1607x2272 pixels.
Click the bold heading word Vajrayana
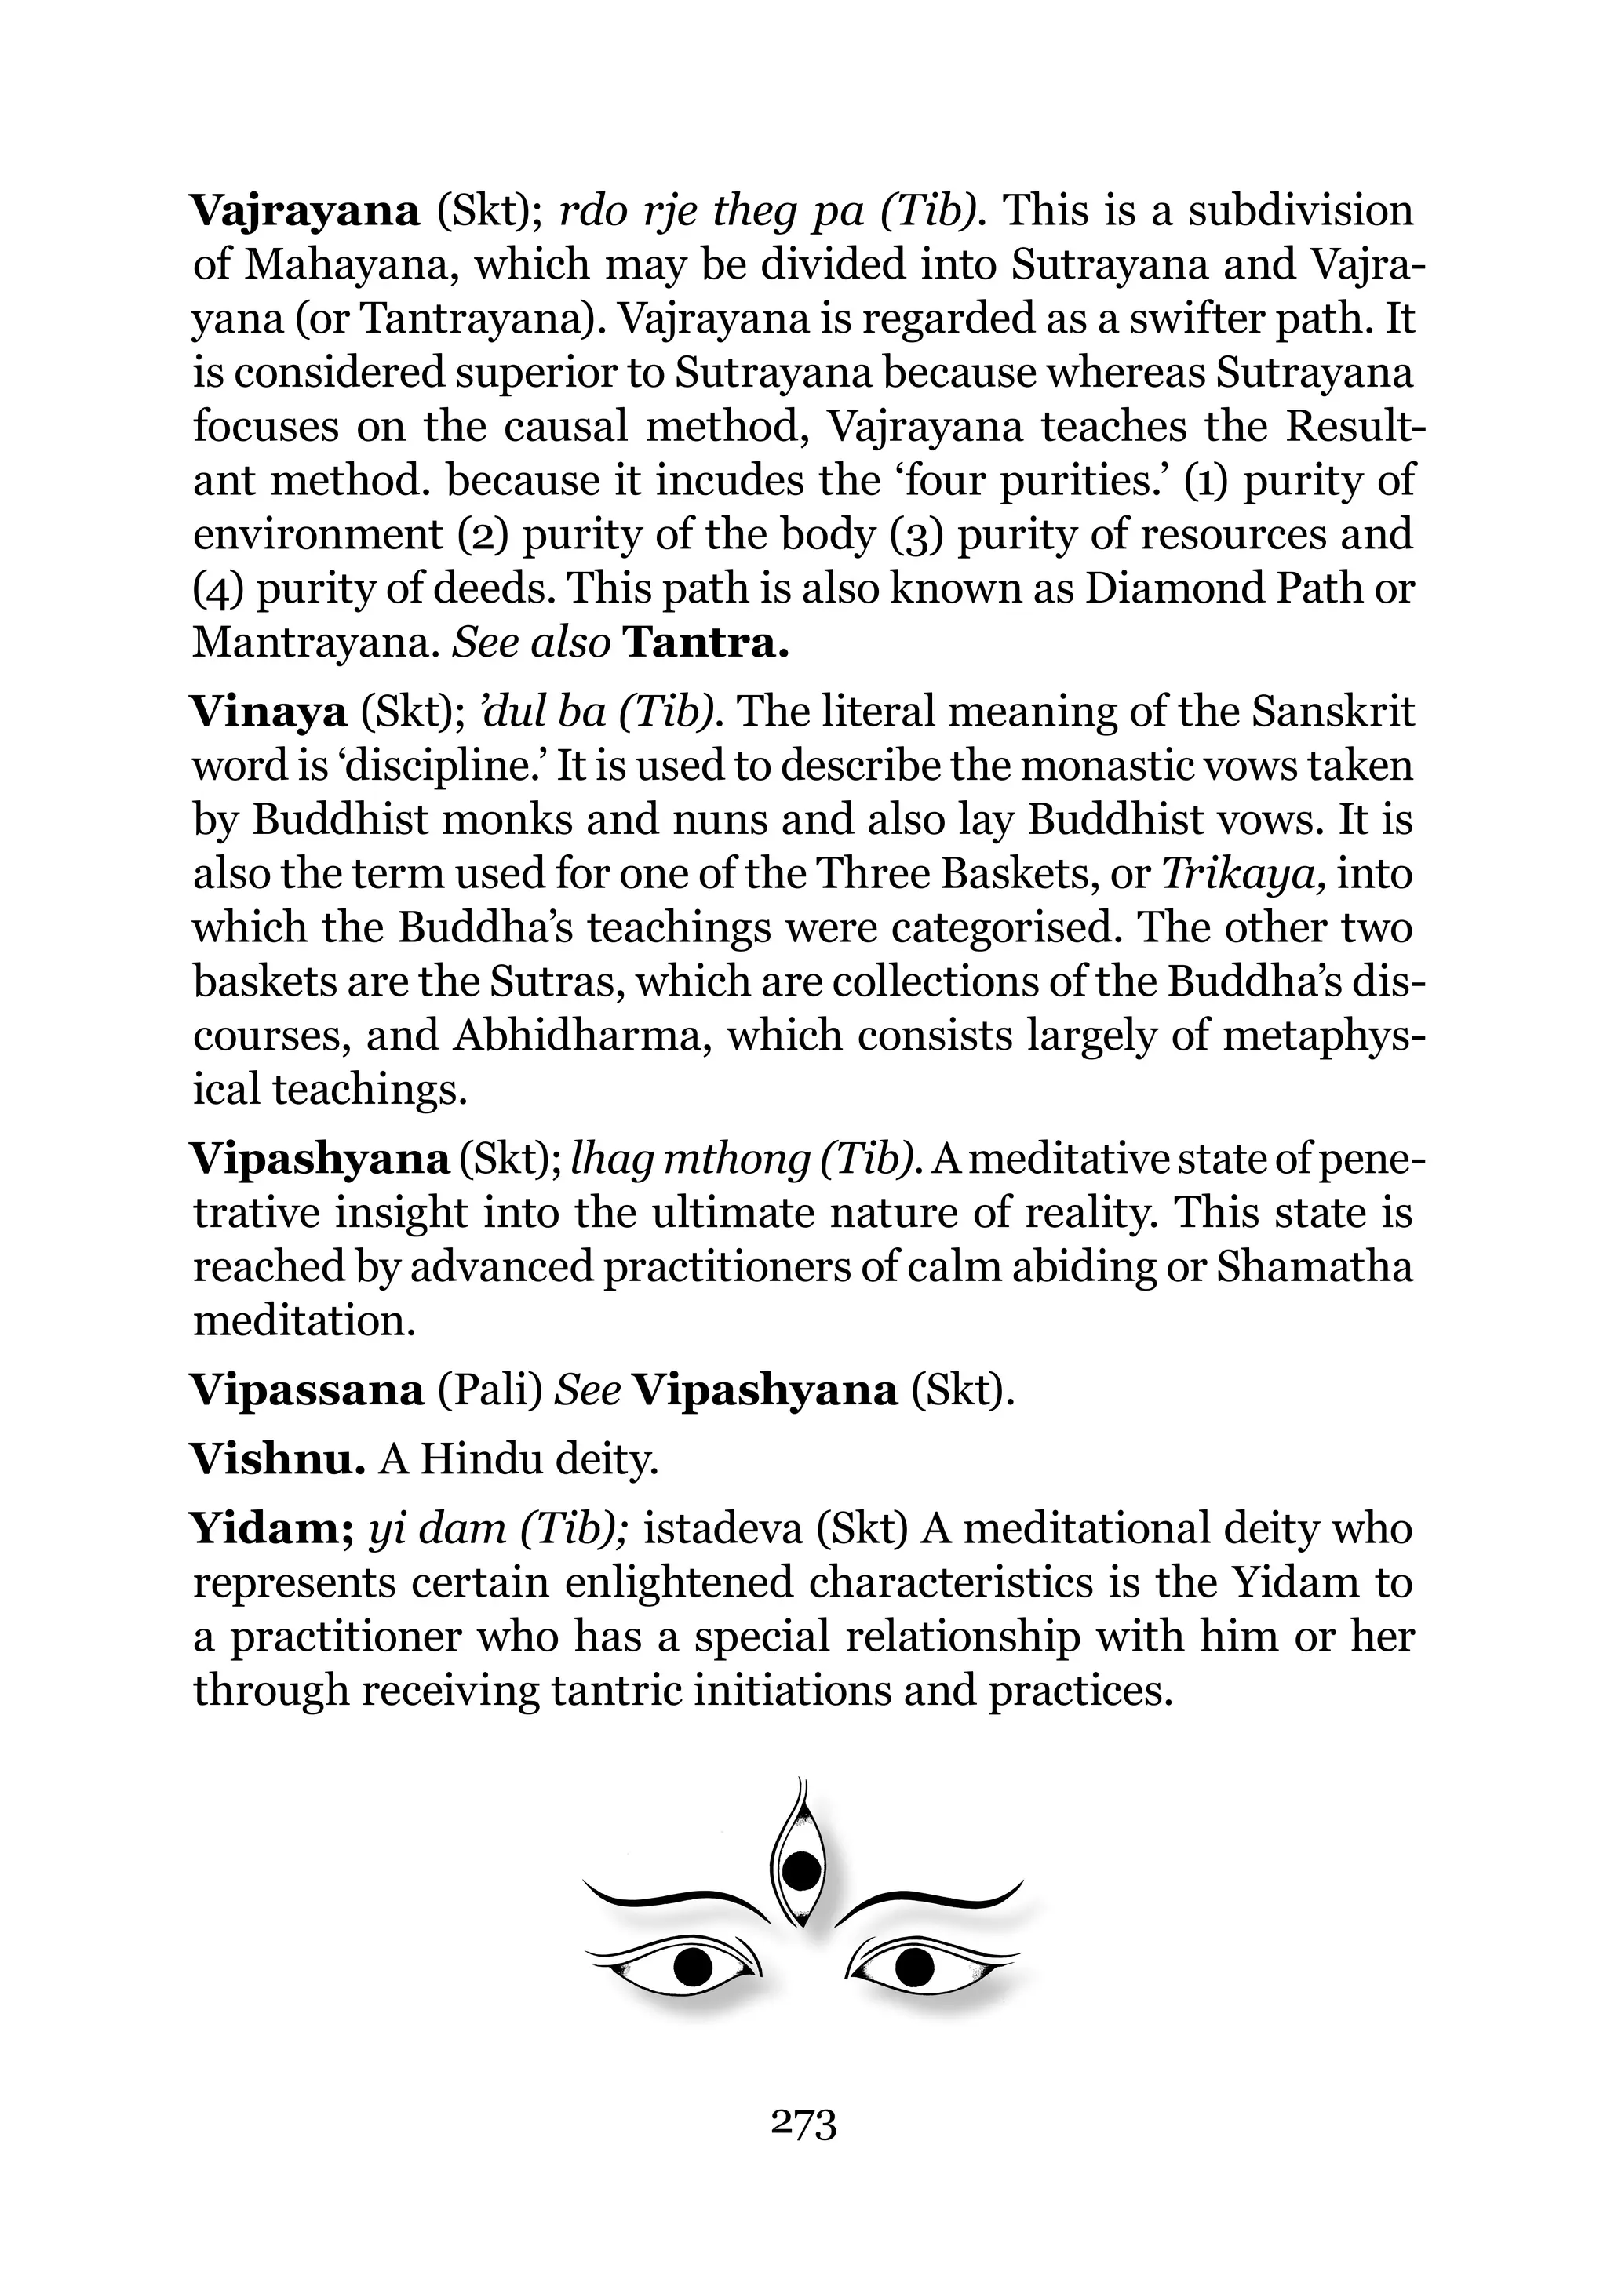point(304,212)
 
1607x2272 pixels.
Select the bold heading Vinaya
point(268,712)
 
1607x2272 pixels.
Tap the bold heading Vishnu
point(278,1459)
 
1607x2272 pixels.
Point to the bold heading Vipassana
point(307,1390)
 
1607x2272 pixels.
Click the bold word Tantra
point(709,643)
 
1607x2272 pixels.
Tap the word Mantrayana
point(314,643)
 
